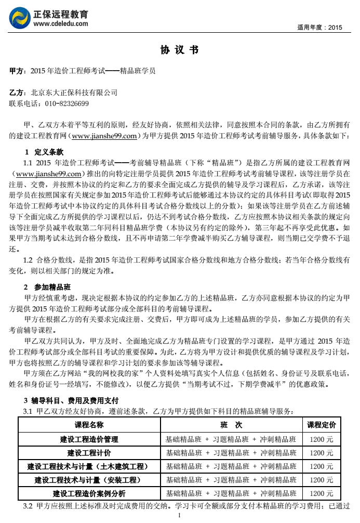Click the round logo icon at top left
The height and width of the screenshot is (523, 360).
20,18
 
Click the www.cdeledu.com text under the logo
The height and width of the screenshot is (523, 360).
60,23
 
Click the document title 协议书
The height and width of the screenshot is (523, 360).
179,50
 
